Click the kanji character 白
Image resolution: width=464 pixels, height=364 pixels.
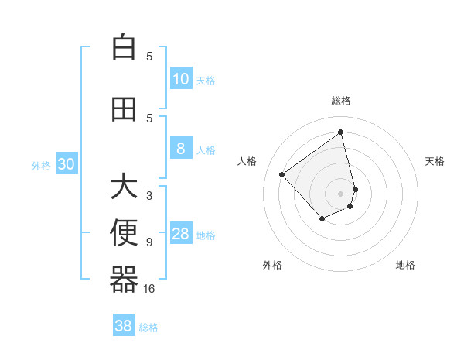click(x=124, y=47)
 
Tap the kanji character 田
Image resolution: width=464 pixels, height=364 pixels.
click(x=124, y=109)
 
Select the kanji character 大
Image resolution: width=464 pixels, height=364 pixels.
click(x=124, y=187)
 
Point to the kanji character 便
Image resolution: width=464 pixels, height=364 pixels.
click(x=124, y=233)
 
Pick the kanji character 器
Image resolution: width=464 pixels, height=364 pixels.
click(x=124, y=280)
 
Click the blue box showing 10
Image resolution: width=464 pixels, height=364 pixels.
click(x=181, y=78)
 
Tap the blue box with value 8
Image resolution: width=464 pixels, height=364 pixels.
click(x=181, y=149)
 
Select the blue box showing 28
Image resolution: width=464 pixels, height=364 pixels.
click(x=181, y=234)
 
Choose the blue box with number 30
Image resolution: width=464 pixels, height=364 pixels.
click(x=66, y=164)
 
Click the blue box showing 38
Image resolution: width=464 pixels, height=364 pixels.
click(x=124, y=326)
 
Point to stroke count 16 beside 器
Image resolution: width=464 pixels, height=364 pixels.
click(x=149, y=289)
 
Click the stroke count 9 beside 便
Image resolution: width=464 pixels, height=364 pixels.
click(x=149, y=242)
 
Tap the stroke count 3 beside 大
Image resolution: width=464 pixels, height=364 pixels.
click(x=149, y=196)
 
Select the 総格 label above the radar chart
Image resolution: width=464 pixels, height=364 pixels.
click(x=341, y=101)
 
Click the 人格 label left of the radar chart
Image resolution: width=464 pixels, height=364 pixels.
click(x=247, y=161)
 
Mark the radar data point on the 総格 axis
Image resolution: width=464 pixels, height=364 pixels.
click(x=341, y=132)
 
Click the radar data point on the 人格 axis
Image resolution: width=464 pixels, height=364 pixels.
click(x=282, y=174)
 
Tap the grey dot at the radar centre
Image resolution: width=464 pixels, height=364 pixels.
click(x=341, y=193)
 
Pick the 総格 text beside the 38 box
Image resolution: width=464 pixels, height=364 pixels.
click(x=148, y=328)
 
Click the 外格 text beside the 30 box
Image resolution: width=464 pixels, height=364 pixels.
click(x=41, y=165)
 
